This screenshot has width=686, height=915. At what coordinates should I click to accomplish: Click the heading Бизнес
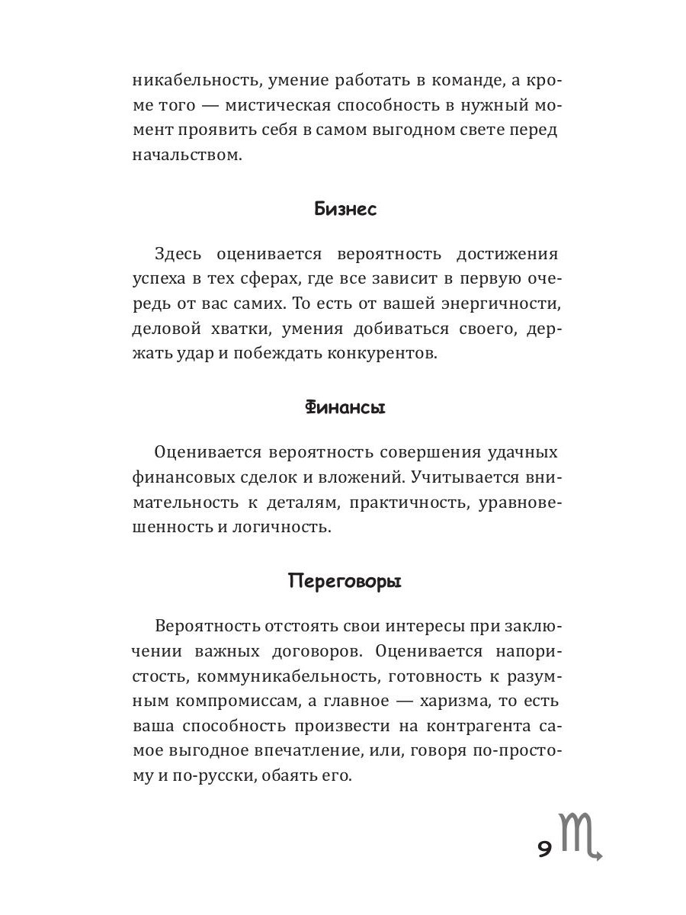345,210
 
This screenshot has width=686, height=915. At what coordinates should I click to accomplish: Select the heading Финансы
345,407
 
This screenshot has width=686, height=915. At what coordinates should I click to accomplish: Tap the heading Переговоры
345,582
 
